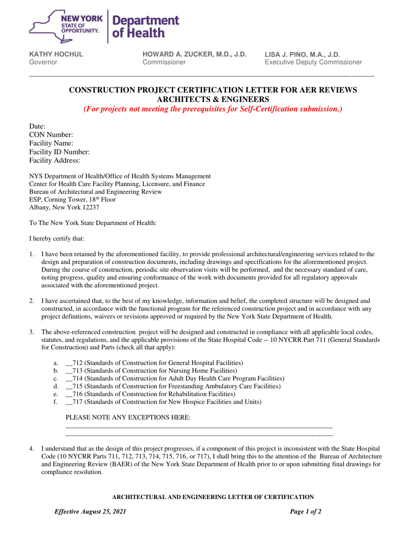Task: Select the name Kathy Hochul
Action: point(56,54)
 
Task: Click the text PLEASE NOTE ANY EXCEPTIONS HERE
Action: point(127,418)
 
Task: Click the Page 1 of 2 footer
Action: point(305,512)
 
